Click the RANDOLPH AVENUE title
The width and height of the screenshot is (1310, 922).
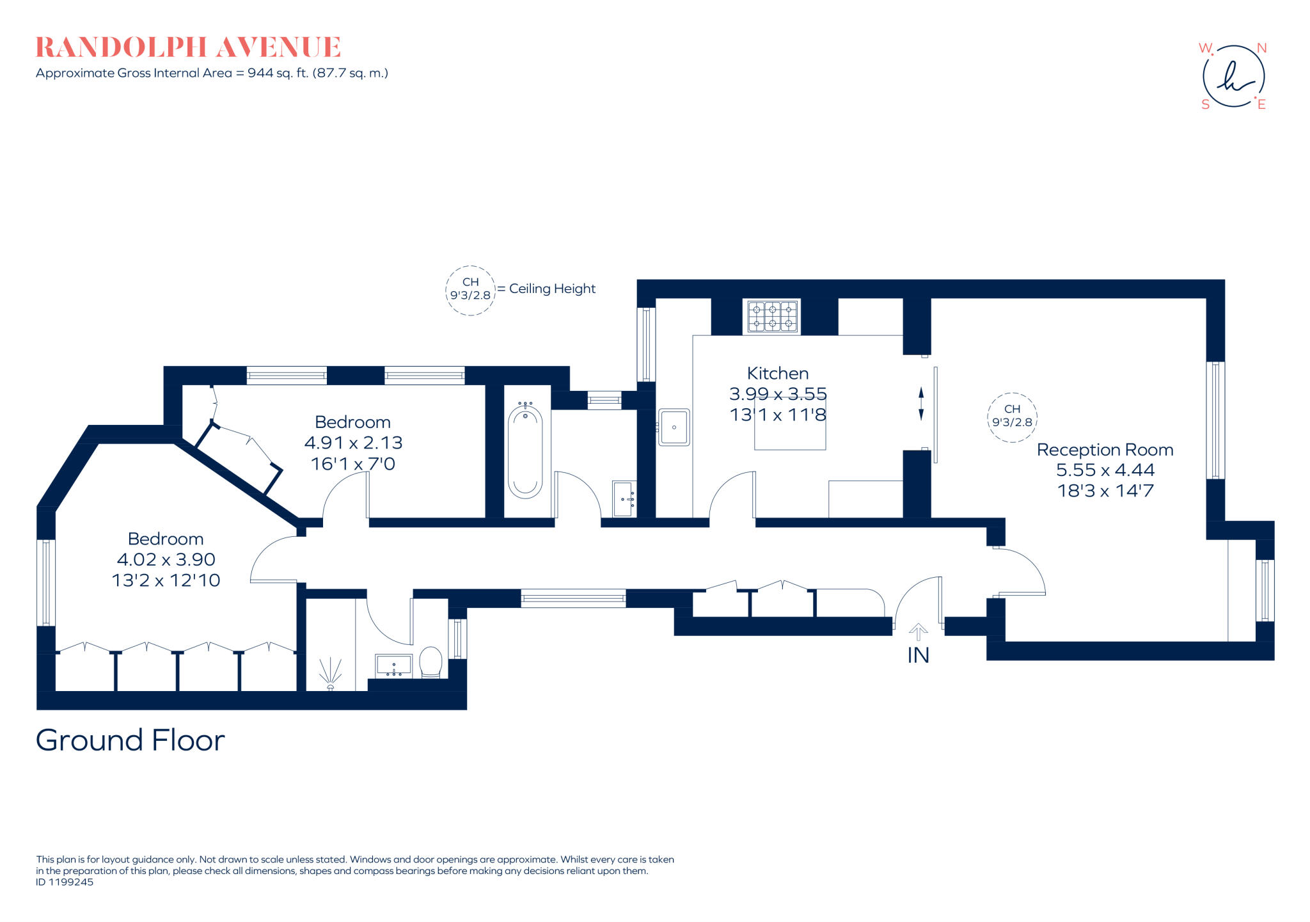tap(188, 47)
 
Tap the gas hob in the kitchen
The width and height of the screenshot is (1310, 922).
tap(772, 317)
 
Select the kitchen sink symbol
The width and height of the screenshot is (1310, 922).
tap(674, 427)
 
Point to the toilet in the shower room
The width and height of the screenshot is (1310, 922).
tap(430, 662)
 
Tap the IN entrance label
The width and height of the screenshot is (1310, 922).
tap(918, 655)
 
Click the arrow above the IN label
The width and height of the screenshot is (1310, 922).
tap(918, 632)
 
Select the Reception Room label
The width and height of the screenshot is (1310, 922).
tap(1105, 450)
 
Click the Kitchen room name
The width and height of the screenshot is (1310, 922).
tap(777, 374)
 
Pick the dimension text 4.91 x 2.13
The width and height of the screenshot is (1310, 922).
tap(353, 443)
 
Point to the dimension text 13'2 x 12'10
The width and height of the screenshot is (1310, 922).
tap(166, 580)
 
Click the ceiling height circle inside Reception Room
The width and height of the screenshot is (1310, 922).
tap(1012, 417)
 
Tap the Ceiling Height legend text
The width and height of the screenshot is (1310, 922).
tap(552, 289)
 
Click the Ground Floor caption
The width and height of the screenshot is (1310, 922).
tap(130, 740)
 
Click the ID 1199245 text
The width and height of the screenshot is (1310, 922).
tap(65, 882)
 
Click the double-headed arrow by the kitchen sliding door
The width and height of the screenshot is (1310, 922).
tap(921, 404)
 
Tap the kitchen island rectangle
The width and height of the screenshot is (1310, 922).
tap(790, 432)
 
